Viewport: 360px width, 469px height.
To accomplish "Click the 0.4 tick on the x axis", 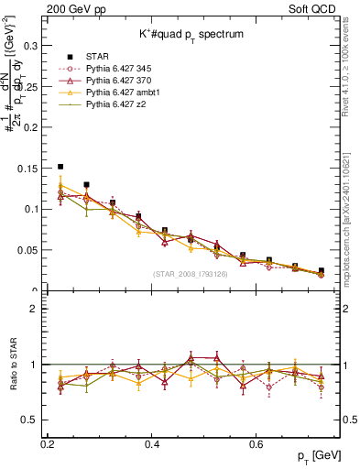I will click(152, 444).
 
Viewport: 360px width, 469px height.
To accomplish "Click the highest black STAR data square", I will click(60, 168).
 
